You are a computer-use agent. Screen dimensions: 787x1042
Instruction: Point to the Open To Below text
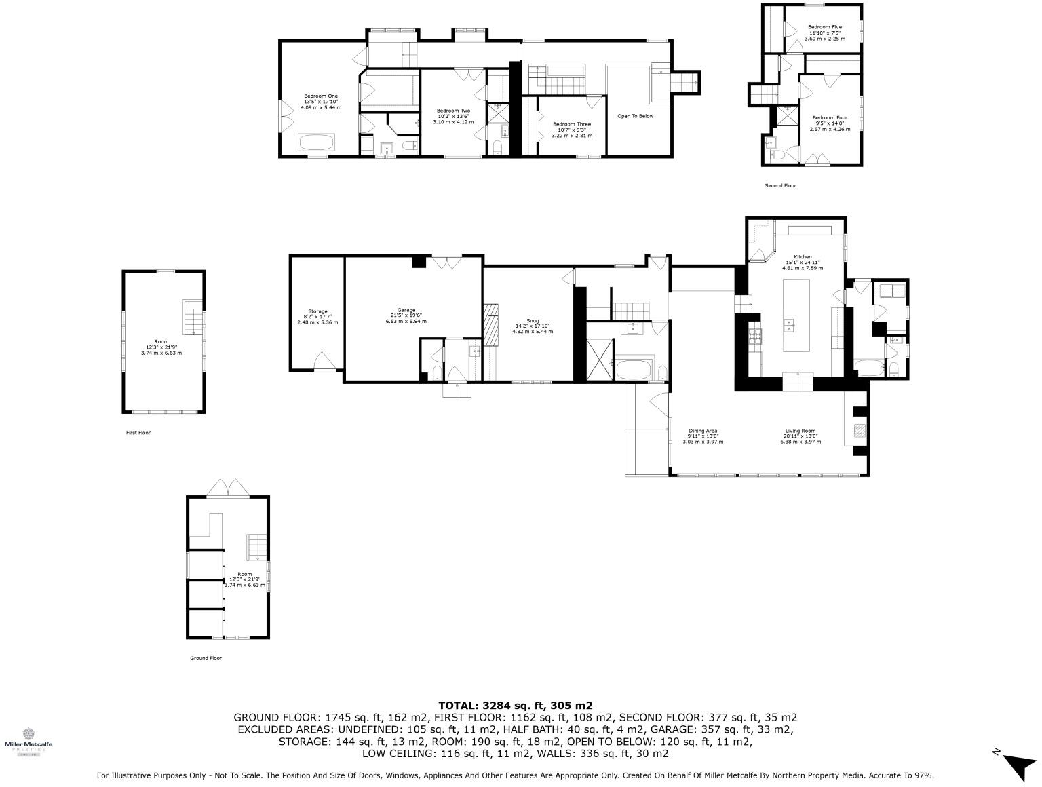point(635,116)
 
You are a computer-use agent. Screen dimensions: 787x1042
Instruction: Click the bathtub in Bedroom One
point(317,142)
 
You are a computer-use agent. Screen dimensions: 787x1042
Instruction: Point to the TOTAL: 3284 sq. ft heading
point(515,706)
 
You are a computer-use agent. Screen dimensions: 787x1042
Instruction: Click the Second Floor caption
point(780,185)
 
